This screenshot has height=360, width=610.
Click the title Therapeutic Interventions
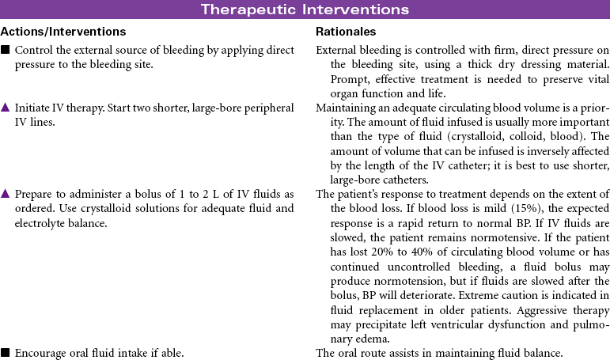point(305,9)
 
